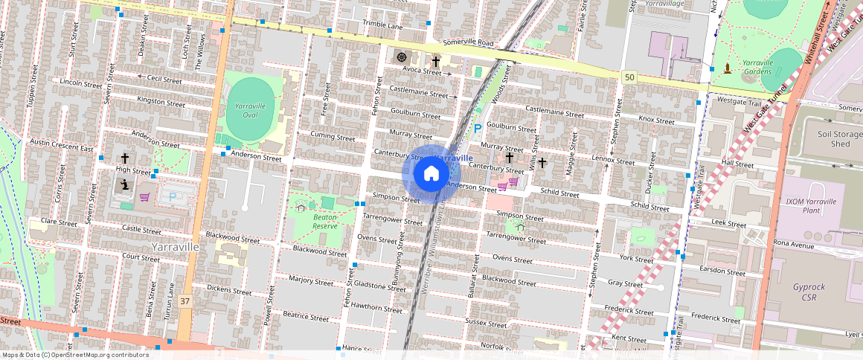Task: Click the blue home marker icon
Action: [x=431, y=174]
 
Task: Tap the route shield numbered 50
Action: [x=630, y=77]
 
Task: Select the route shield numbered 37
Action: [x=185, y=301]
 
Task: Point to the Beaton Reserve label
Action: [x=325, y=221]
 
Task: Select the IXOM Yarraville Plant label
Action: [x=811, y=205]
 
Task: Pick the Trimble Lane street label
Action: [x=382, y=25]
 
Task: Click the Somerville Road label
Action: [x=467, y=43]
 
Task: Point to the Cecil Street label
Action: [x=164, y=79]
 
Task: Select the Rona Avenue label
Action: [x=795, y=243]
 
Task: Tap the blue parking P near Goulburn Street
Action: [x=478, y=129]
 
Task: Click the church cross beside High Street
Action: [x=125, y=158]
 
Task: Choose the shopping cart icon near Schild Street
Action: [x=513, y=182]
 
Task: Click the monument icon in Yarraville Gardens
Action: [x=726, y=70]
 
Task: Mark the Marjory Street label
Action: [x=312, y=281]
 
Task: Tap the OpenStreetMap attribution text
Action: [x=74, y=355]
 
